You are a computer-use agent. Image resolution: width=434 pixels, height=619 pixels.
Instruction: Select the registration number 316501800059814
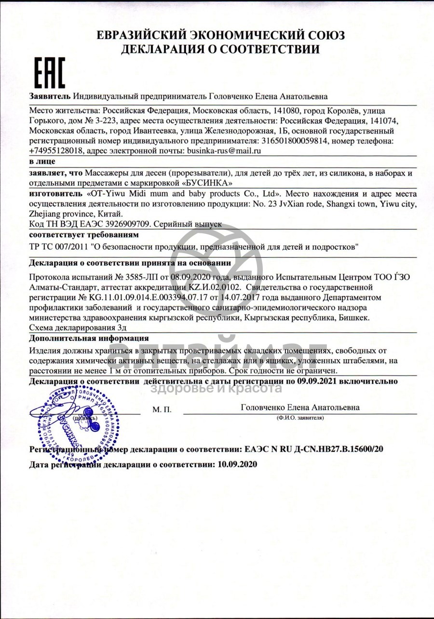click(294, 141)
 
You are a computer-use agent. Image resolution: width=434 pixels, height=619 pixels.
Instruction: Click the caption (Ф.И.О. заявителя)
click(300, 417)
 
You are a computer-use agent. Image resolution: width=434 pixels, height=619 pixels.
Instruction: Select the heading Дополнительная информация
click(89, 338)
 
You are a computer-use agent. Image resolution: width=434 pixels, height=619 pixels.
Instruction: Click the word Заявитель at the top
click(50, 97)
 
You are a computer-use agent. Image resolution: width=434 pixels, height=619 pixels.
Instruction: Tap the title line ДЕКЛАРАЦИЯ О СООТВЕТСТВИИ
click(220, 49)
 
